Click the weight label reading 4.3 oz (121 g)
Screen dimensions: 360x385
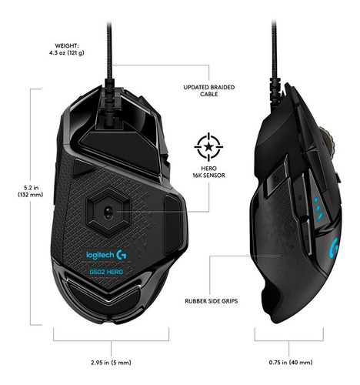pos(67,53)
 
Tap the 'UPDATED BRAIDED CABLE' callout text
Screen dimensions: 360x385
pos(208,91)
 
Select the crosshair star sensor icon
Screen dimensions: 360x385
pos(208,147)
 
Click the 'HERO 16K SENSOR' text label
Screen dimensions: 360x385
pos(208,172)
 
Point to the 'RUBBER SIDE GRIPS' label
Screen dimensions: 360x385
pos(212,301)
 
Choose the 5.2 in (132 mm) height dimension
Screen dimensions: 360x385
pos(30,191)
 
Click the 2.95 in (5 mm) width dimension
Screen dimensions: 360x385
pos(111,363)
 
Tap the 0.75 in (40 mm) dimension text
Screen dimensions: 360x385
pos(291,363)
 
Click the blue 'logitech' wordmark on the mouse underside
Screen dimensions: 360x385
pos(100,255)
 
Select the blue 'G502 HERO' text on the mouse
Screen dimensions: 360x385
pos(106,272)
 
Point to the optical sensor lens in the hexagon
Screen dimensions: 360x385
pos(107,213)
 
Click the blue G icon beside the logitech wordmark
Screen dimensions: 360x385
pos(122,255)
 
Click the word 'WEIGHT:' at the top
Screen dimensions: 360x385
pos(67,46)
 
